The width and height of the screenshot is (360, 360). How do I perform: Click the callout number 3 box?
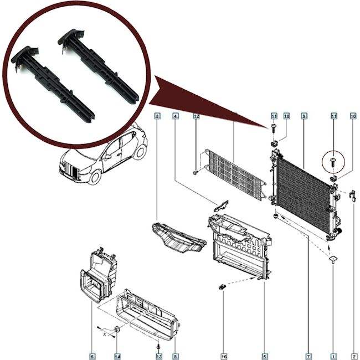158,116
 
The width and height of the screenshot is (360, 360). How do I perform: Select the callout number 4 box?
176,116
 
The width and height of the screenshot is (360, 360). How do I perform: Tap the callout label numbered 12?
196,116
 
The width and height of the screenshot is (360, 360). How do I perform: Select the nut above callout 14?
117,331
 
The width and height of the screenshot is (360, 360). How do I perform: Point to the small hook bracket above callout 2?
352,194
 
